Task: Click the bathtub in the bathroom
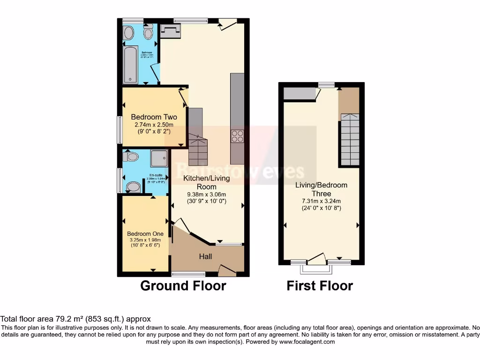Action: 130,65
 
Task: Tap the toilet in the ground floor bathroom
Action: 148,32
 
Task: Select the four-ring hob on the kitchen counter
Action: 237,136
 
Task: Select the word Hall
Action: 205,256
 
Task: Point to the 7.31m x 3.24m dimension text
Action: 321,201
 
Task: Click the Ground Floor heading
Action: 183,285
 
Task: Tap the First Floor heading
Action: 320,285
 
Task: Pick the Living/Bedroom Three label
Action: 321,189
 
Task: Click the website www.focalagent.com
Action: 307,342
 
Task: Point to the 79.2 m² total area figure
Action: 55,319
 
